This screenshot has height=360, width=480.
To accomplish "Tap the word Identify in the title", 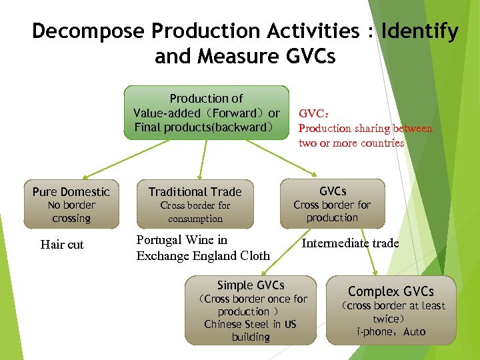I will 419,31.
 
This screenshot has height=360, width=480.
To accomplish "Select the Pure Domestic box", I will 71,204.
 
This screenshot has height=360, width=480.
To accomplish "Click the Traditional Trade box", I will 195,204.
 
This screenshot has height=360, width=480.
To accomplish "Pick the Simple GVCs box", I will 250,311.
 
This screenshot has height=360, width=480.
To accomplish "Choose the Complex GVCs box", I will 391,311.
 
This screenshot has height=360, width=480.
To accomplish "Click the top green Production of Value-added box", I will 206,112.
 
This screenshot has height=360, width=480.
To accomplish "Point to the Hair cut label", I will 62,245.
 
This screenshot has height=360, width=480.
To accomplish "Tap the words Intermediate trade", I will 350,243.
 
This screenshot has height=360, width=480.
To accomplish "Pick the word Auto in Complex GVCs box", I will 414,331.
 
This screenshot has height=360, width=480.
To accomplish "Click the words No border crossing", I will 71,212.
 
